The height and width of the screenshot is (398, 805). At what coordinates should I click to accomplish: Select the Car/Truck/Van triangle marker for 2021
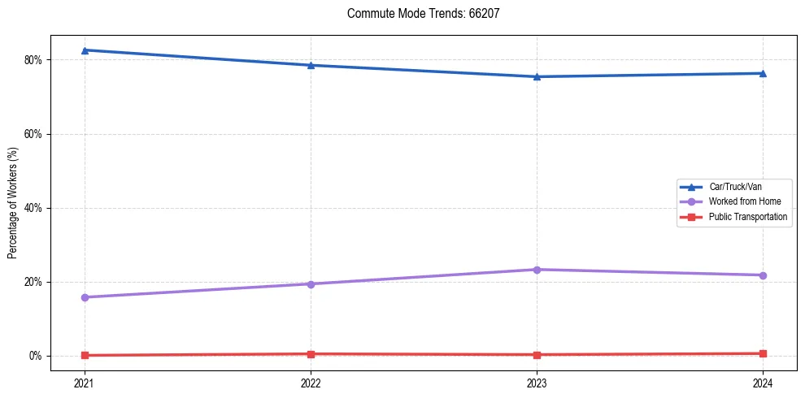pyautogui.click(x=85, y=50)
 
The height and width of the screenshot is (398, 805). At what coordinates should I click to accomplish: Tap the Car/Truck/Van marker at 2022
pyautogui.click(x=311, y=65)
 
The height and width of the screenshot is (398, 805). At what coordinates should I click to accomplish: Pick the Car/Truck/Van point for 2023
pyautogui.click(x=537, y=77)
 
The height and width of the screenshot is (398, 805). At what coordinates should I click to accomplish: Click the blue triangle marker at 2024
pyautogui.click(x=763, y=73)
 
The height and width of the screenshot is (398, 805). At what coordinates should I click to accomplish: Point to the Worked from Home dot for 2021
pyautogui.click(x=85, y=297)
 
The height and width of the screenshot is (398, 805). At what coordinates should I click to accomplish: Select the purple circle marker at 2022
pyautogui.click(x=311, y=283)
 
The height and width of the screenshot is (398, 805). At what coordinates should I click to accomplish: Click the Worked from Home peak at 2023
pyautogui.click(x=537, y=270)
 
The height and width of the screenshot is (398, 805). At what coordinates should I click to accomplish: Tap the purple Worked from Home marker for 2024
pyautogui.click(x=763, y=275)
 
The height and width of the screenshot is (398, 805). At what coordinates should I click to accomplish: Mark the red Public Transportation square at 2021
pyautogui.click(x=85, y=355)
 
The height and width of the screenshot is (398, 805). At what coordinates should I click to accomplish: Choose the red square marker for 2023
pyautogui.click(x=537, y=354)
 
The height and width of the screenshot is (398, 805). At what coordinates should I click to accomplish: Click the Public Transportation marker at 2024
pyautogui.click(x=763, y=353)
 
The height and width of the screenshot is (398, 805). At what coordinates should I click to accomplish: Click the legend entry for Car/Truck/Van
pyautogui.click(x=735, y=187)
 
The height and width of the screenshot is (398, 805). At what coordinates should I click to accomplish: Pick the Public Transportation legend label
pyautogui.click(x=748, y=217)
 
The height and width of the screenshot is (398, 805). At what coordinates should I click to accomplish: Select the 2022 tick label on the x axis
pyautogui.click(x=311, y=383)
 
